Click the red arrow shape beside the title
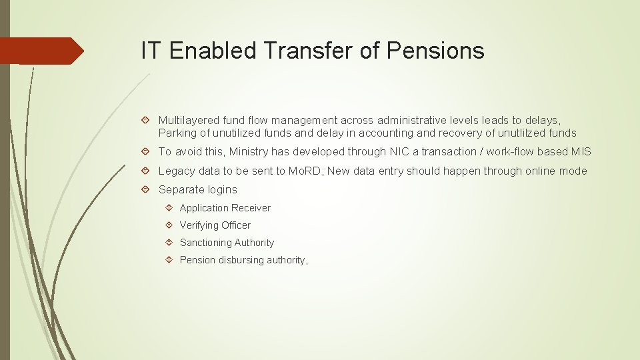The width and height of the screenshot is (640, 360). tap(41, 51)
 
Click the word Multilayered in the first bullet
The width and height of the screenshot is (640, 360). tap(189, 121)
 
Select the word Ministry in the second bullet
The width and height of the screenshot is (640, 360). tap(249, 152)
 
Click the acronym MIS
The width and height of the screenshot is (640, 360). tap(580, 152)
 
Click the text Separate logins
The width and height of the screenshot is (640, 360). tap(197, 190)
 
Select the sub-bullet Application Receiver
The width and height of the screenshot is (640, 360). tap(225, 208)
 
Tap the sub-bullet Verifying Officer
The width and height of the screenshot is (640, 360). tap(215, 225)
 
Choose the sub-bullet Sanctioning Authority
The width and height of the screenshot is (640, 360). tap(227, 243)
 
